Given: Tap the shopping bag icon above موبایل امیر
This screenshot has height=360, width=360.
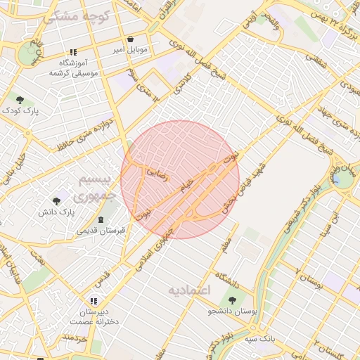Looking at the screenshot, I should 131,39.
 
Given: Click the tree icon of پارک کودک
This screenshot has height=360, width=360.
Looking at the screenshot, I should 20,100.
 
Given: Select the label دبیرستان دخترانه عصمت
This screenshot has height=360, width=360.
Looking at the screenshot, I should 94,316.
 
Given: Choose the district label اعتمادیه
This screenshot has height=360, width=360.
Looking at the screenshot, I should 190,289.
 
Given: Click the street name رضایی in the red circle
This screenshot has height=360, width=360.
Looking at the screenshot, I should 158,172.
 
